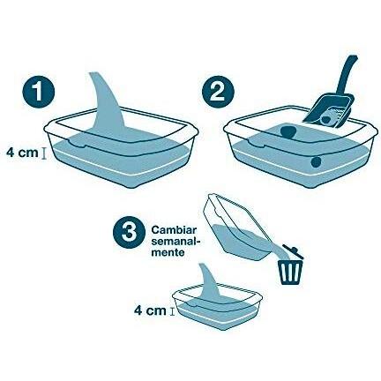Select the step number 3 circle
130,232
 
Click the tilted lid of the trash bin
294,250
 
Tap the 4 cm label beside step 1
23,153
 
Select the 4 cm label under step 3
150,310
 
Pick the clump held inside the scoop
325,120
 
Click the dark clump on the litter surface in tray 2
288,132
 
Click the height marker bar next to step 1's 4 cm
44,153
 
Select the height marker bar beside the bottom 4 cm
172,311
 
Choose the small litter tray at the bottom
218,307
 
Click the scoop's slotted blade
329,113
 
